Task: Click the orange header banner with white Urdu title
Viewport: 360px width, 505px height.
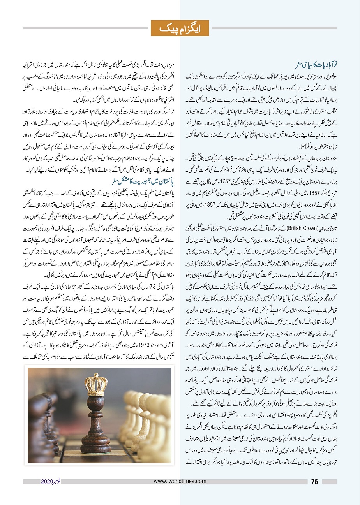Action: click(180, 28)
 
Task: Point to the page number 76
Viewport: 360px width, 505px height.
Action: click(315, 482)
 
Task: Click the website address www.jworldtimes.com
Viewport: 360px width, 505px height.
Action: click(180, 482)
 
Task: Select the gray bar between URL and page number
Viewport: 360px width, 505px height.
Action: click(257, 482)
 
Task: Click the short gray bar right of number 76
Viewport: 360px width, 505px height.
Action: click(329, 482)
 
